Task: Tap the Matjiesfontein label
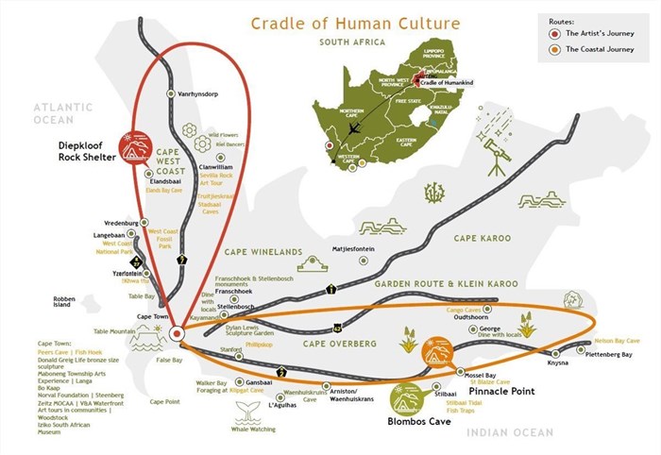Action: tap(353, 250)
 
